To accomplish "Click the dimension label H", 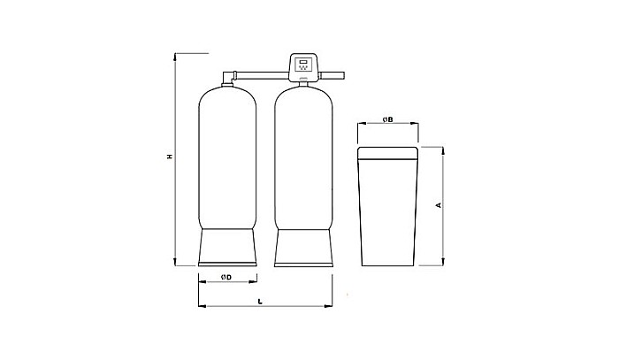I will (x=169, y=157).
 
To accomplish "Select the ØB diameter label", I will (x=387, y=119).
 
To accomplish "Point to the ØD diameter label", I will (x=226, y=279).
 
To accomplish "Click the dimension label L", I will (x=259, y=302).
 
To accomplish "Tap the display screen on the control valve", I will (x=304, y=65).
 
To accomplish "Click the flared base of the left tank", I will (x=227, y=247).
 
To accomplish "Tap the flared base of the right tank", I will (x=305, y=247).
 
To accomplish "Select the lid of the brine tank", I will (x=388, y=152).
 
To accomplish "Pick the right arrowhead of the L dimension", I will (x=330, y=307).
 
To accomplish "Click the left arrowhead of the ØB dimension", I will (x=358, y=125).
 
